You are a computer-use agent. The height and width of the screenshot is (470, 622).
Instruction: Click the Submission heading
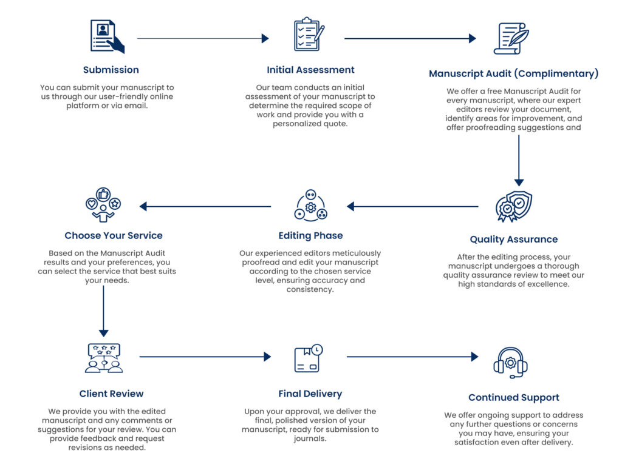click(x=111, y=70)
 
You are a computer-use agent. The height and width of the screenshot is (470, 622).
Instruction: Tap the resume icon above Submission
click(x=107, y=36)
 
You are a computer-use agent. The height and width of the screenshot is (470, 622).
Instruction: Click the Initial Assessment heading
click(x=310, y=70)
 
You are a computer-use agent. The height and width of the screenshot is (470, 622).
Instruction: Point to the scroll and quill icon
click(x=511, y=38)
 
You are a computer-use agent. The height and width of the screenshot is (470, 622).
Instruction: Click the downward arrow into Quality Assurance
click(x=519, y=160)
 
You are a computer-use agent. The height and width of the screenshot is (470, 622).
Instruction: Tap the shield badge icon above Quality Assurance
click(x=513, y=207)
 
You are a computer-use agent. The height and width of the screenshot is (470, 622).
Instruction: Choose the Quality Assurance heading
click(x=513, y=239)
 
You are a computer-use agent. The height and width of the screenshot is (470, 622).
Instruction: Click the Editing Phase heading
click(x=310, y=235)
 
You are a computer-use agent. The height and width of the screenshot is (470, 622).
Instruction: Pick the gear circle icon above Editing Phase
click(x=310, y=206)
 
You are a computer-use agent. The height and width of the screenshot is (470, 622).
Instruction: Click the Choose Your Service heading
click(x=114, y=235)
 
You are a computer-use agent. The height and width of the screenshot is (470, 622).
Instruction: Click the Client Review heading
click(x=111, y=394)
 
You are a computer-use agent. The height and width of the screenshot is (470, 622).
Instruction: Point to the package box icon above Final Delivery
click(x=307, y=358)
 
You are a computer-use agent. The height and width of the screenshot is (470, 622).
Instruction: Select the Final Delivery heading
click(x=310, y=394)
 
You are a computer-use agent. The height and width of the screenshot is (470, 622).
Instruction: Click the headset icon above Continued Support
click(x=510, y=362)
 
